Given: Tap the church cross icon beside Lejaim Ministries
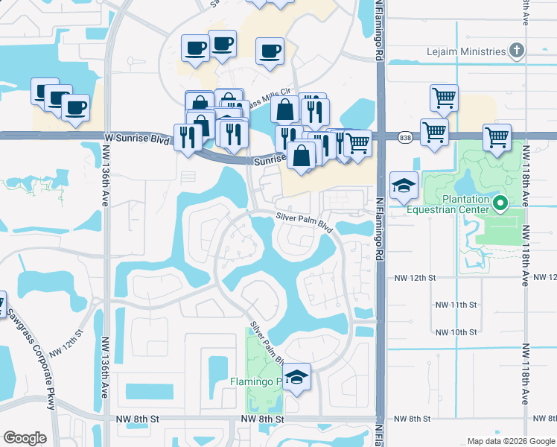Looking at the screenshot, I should pyautogui.click(x=517, y=51).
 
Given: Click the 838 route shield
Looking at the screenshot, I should pyautogui.click(x=405, y=138).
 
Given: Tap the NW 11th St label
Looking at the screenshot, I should pyautogui.click(x=456, y=305).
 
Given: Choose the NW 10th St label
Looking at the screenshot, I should pyautogui.click(x=456, y=332).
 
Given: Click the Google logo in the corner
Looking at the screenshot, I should pyautogui.click(x=25, y=438).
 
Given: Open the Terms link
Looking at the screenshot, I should pyautogui.click(x=540, y=441).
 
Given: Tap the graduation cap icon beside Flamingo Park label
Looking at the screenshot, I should pyautogui.click(x=297, y=377).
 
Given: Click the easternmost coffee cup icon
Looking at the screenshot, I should pyautogui.click(x=270, y=51).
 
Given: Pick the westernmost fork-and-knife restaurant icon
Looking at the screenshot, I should pyautogui.click(x=186, y=136).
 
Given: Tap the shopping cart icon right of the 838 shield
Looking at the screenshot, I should pyautogui.click(x=434, y=132).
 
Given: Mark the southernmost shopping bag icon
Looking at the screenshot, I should pyautogui.click(x=302, y=156).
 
